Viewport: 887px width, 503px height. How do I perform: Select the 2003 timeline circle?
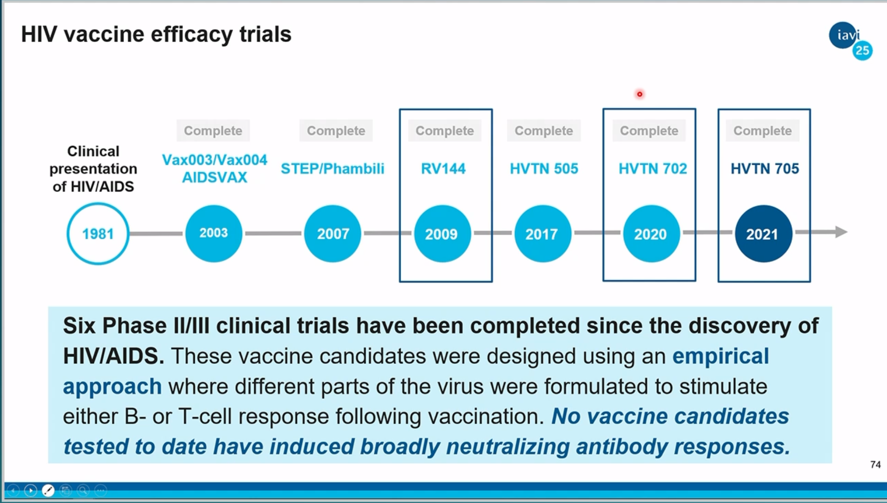pyautogui.click(x=214, y=234)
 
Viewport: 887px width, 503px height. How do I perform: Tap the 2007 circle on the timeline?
pyautogui.click(x=333, y=234)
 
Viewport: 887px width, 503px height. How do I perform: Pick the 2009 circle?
pyautogui.click(x=442, y=234)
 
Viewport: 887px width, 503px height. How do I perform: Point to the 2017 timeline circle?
pyautogui.click(x=543, y=234)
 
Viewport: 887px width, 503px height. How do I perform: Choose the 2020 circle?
pyautogui.click(x=651, y=234)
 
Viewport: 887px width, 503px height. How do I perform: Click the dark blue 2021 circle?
pyautogui.click(x=764, y=234)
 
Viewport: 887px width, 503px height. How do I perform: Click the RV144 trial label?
pyautogui.click(x=443, y=168)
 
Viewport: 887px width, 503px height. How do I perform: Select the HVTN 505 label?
pyautogui.click(x=544, y=168)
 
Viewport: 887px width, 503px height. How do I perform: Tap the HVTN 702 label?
pyautogui.click(x=653, y=168)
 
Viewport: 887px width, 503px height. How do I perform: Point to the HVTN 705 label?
pyautogui.click(x=765, y=168)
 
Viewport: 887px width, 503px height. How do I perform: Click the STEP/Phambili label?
pyautogui.click(x=333, y=169)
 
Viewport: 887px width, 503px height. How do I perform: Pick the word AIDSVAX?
pyautogui.click(x=215, y=178)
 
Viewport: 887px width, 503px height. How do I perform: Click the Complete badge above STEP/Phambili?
pyautogui.click(x=336, y=130)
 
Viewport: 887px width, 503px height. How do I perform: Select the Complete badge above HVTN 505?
pyautogui.click(x=544, y=130)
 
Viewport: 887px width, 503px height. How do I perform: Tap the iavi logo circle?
pyautogui.click(x=843, y=35)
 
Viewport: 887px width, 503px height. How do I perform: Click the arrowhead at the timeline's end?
pyautogui.click(x=841, y=232)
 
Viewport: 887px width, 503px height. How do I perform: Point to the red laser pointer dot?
pyautogui.click(x=640, y=94)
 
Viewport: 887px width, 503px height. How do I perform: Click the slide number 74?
pyautogui.click(x=876, y=465)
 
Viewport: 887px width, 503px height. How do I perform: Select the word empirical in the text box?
pyautogui.click(x=721, y=356)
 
